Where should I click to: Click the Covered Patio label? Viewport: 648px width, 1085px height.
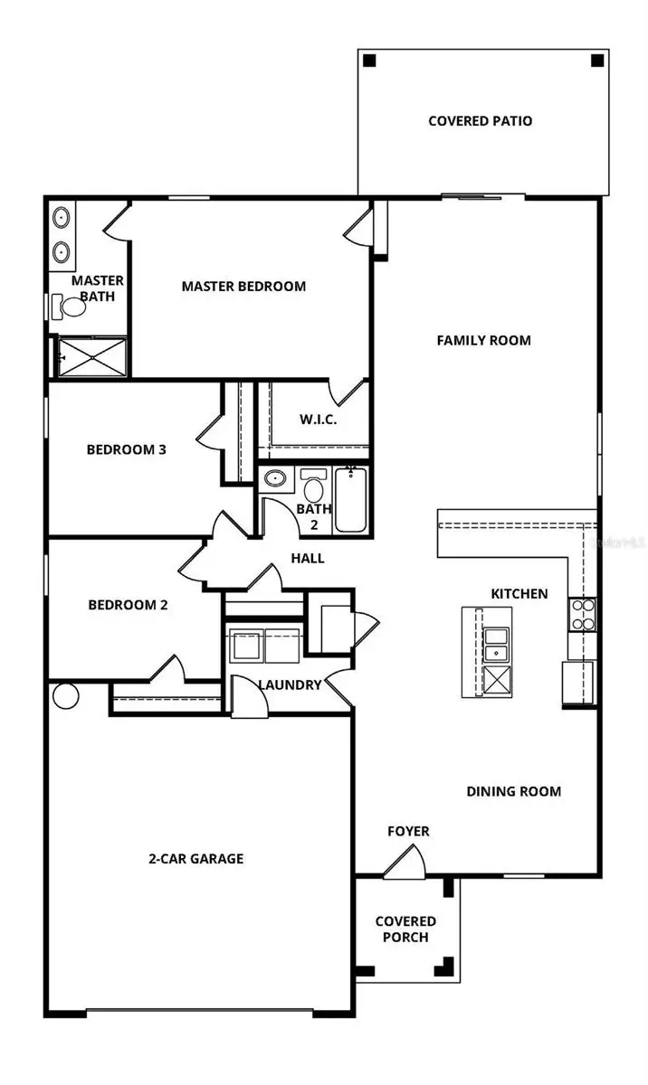(480, 120)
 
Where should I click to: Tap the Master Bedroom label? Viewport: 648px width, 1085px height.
(243, 286)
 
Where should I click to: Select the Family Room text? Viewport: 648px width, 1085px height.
(483, 340)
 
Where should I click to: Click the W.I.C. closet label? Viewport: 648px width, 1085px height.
(318, 420)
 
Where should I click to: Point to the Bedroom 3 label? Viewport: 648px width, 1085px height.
(126, 448)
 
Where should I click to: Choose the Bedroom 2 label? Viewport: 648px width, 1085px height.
(128, 605)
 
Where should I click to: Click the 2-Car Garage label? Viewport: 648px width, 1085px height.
(196, 858)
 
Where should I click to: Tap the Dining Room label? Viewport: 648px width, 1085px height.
(513, 791)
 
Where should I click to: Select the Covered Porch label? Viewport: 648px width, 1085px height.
(405, 929)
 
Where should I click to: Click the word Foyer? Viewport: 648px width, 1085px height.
(408, 831)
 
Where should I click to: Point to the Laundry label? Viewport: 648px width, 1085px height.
(290, 684)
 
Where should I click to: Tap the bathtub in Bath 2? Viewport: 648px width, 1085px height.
(349, 499)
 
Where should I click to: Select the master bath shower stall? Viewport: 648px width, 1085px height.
(92, 356)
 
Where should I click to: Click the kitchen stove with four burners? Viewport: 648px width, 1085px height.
(582, 614)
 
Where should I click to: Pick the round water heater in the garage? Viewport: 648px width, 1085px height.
(66, 695)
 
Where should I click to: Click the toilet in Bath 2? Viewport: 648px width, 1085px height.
(314, 487)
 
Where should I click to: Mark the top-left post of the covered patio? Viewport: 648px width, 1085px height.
(368, 61)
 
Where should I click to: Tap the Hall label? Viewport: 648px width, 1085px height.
(308, 558)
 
